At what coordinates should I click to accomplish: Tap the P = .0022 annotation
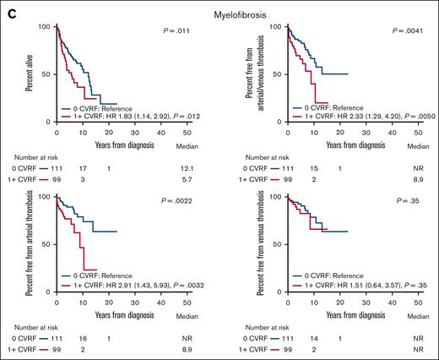point(176,201)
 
